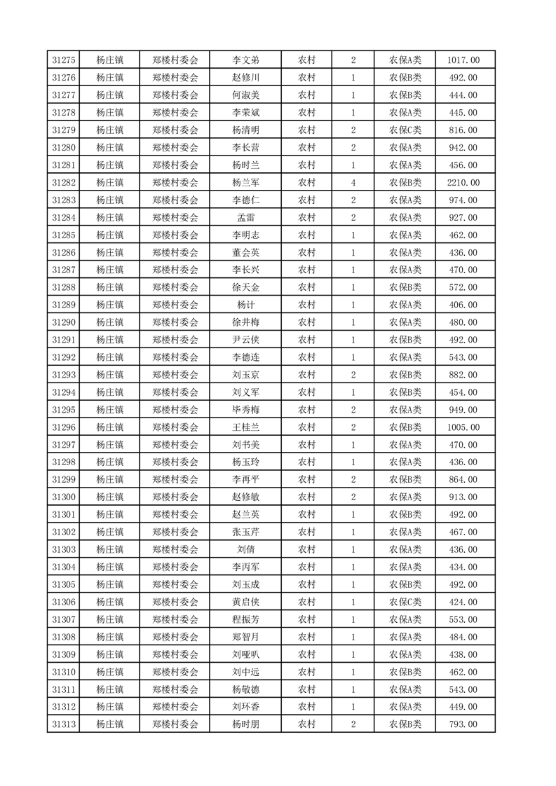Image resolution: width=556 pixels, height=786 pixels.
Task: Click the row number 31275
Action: pyautogui.click(x=64, y=60)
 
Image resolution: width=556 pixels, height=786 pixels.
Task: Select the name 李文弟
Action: pyautogui.click(x=245, y=60)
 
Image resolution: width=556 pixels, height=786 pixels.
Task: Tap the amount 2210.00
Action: pyautogui.click(x=463, y=183)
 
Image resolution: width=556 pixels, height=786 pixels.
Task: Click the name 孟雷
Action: pyautogui.click(x=245, y=218)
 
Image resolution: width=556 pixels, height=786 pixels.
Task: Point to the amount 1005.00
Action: pyautogui.click(x=463, y=427)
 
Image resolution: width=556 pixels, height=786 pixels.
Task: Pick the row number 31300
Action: pyautogui.click(x=64, y=497)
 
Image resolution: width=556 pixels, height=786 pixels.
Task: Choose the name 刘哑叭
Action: pyautogui.click(x=245, y=655)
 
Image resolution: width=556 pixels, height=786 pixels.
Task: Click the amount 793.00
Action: pyautogui.click(x=463, y=724)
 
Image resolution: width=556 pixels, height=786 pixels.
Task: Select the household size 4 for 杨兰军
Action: pyautogui.click(x=353, y=183)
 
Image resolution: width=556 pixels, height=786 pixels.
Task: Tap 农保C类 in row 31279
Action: pyautogui.click(x=405, y=130)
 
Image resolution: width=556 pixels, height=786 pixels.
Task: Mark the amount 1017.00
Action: pyautogui.click(x=463, y=60)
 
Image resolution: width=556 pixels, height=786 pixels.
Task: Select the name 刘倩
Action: pyautogui.click(x=245, y=550)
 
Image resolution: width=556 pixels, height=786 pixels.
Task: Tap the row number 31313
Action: pyautogui.click(x=64, y=724)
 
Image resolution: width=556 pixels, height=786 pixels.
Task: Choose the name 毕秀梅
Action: pyautogui.click(x=245, y=410)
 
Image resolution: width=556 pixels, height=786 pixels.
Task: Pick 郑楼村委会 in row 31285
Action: pyautogui.click(x=175, y=235)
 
